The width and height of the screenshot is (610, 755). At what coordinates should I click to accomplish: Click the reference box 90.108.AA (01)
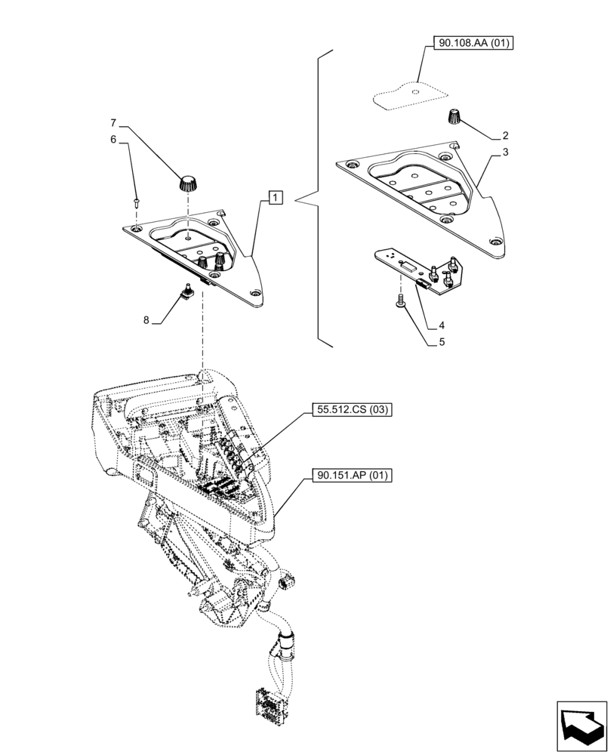(473, 44)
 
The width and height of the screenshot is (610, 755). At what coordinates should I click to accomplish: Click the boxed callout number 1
(275, 199)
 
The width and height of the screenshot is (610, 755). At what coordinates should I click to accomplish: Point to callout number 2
(505, 137)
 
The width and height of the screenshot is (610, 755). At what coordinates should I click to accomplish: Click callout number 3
(505, 153)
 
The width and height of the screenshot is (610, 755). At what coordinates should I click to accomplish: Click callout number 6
(114, 139)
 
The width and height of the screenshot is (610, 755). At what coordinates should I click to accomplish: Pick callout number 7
(114, 122)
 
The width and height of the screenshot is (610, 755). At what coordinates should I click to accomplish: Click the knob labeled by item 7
(187, 181)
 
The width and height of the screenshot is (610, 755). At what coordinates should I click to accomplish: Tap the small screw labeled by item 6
(135, 201)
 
